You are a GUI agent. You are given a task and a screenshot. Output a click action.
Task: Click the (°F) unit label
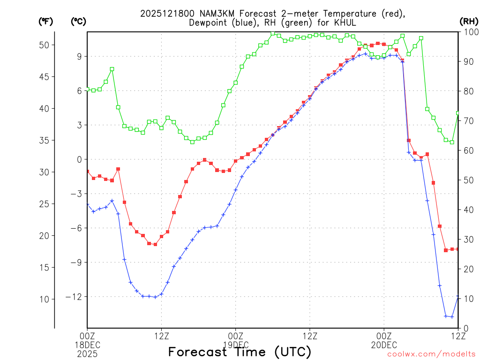click(x=45, y=21)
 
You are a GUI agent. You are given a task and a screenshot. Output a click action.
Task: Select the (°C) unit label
click(x=79, y=21)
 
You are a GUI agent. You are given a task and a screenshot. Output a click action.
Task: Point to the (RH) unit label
click(x=469, y=21)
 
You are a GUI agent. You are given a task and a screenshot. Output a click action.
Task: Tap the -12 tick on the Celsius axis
click(x=75, y=297)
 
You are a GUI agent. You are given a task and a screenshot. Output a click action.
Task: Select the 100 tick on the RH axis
click(x=469, y=32)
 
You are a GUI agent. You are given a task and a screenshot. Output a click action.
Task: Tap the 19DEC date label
click(x=235, y=345)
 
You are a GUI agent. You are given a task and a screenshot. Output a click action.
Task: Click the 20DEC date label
click(x=384, y=345)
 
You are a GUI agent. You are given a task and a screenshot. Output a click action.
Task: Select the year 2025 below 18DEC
click(x=87, y=352)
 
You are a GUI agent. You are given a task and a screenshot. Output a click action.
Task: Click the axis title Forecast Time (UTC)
click(x=240, y=352)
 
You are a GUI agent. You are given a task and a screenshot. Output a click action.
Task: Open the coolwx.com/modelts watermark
click(x=431, y=354)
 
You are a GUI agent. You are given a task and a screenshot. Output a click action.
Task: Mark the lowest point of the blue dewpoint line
click(x=452, y=317)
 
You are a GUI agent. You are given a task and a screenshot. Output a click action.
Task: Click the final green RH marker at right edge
click(x=458, y=113)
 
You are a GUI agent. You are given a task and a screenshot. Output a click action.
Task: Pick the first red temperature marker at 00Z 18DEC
click(x=87, y=172)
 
